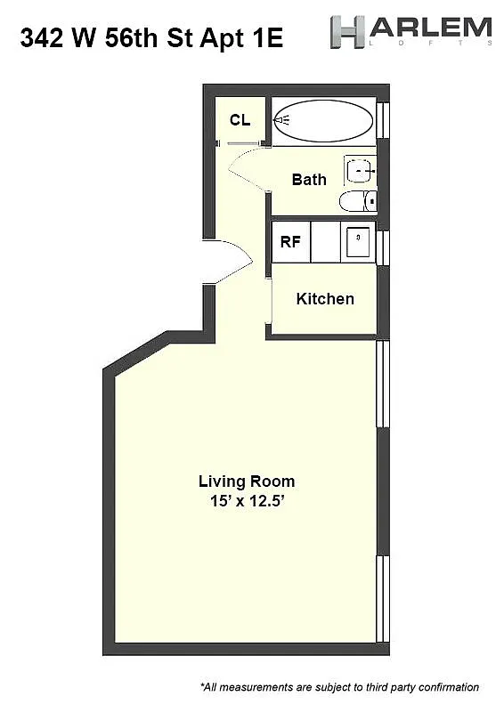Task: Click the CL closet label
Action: tap(240, 120)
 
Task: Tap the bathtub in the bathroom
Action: tap(322, 120)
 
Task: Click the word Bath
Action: tap(309, 179)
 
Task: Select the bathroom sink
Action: tap(360, 168)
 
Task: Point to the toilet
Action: tap(358, 201)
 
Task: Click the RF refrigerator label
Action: tap(290, 242)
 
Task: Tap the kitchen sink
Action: tap(357, 240)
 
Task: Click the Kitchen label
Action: tap(325, 299)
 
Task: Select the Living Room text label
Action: tap(246, 481)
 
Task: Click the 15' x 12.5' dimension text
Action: tap(246, 501)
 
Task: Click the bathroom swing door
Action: tap(247, 169)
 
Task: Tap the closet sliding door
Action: tap(240, 143)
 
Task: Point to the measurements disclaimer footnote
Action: tap(339, 687)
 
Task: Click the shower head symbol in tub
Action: tap(282, 120)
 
